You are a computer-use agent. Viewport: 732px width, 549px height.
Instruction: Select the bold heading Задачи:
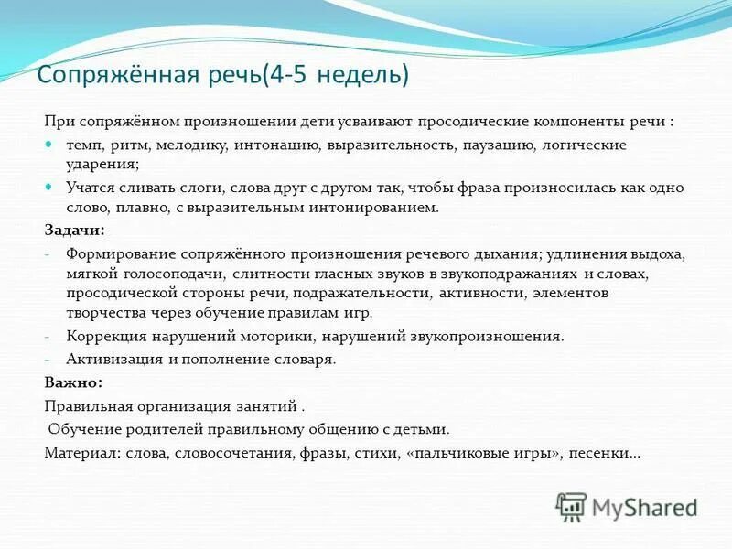point(74,230)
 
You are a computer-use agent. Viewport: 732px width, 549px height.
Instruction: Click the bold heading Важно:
point(73,382)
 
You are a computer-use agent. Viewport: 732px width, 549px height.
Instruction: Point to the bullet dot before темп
point(49,145)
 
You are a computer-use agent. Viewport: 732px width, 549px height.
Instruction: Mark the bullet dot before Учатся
point(49,186)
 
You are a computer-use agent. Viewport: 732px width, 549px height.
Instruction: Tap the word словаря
point(308,359)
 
